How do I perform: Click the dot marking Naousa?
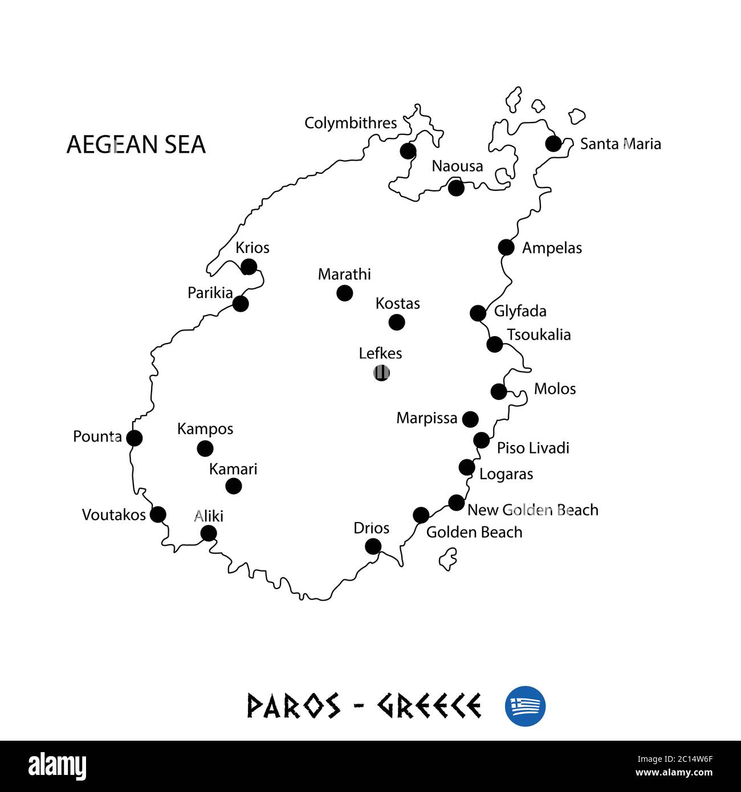tap(456, 187)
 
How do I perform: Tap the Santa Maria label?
tap(620, 144)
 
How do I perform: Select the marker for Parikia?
tap(241, 303)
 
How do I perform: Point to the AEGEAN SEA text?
tap(136, 145)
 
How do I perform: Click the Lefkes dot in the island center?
tap(381, 373)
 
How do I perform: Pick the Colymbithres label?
tap(351, 123)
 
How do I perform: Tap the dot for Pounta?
tap(134, 438)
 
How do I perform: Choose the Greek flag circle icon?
tap(525, 706)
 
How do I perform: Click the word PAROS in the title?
tap(294, 706)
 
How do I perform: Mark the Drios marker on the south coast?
tap(373, 546)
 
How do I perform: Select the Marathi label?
tap(344, 274)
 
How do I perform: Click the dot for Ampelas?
tap(506, 247)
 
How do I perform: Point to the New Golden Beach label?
tap(533, 510)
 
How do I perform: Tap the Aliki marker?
tap(209, 533)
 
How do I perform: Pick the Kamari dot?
tap(234, 486)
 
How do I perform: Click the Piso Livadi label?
tap(533, 448)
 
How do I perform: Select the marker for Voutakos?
tap(158, 515)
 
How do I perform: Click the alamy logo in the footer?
tap(58, 766)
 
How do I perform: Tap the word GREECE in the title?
tap(429, 706)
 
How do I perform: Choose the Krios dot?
tap(249, 267)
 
